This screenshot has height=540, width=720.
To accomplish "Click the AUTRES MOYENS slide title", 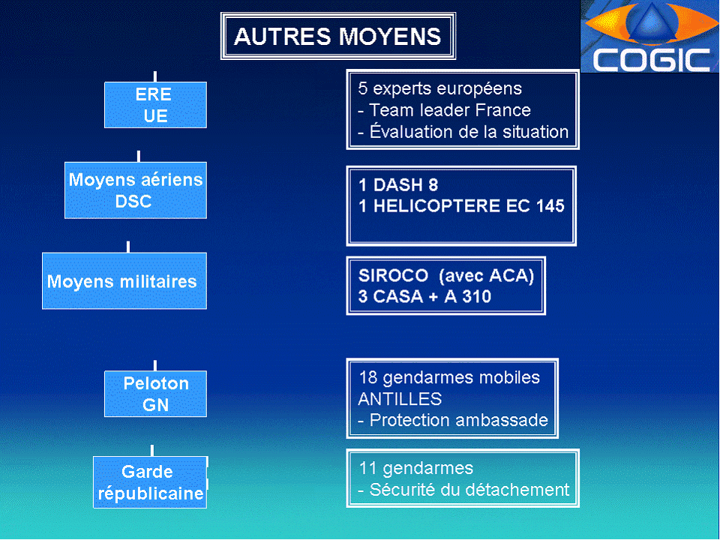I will [x=337, y=36].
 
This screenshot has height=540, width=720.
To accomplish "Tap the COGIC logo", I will [x=649, y=37].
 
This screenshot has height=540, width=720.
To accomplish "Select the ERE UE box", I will [x=155, y=105].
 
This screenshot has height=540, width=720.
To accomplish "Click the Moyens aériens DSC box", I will [x=135, y=190].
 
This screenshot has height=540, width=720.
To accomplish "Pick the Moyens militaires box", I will [x=124, y=281].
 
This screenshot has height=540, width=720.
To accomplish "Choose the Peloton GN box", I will [x=155, y=394].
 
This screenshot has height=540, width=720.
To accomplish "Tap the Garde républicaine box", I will [x=150, y=482].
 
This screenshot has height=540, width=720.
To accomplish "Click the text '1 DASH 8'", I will [x=398, y=185].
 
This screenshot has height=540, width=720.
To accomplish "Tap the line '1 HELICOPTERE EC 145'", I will [x=461, y=206].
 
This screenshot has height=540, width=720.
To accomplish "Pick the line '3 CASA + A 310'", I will [x=424, y=296].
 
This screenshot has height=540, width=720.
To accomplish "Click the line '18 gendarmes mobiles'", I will [x=448, y=376].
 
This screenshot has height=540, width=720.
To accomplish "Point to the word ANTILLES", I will [x=400, y=398].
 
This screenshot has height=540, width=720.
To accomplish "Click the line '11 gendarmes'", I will [x=415, y=468].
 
